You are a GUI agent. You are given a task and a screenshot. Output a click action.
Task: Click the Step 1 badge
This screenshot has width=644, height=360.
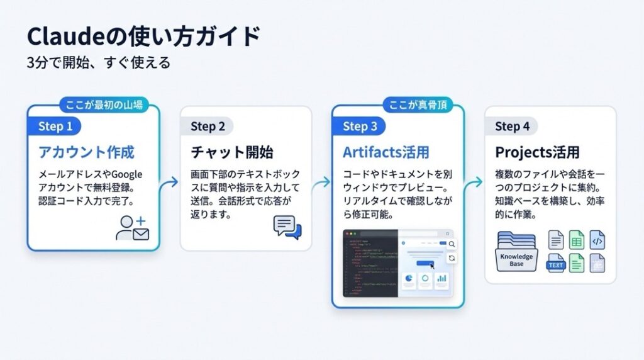[x=55, y=127]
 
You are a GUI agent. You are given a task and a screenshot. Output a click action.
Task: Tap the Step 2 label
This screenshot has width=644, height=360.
[x=208, y=127]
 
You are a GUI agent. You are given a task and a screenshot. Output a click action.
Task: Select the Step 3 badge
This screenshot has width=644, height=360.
[x=360, y=127]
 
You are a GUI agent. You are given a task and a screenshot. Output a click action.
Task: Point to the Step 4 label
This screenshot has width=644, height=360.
[x=512, y=127]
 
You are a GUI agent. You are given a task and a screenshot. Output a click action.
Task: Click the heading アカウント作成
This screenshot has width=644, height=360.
[x=86, y=153]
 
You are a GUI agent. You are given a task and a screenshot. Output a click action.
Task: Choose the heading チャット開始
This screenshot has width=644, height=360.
[x=232, y=153]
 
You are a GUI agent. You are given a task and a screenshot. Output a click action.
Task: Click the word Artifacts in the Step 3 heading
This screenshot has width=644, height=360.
[x=369, y=153]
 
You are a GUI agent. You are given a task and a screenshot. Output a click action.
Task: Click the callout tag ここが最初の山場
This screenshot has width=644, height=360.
[x=103, y=105]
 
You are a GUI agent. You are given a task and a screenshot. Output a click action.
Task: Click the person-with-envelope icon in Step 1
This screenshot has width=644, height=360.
[x=132, y=227]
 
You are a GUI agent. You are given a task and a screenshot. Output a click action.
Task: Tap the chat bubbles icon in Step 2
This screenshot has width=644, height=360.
[x=287, y=227]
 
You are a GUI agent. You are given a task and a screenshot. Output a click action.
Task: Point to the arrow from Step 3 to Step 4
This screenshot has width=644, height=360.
[x=475, y=183]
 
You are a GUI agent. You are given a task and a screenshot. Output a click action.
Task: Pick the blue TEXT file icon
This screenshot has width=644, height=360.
[x=557, y=264]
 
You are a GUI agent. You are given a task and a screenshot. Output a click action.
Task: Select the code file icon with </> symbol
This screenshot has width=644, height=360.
[x=597, y=240]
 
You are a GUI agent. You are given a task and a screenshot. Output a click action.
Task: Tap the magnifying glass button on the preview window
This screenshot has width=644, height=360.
[x=452, y=244]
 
